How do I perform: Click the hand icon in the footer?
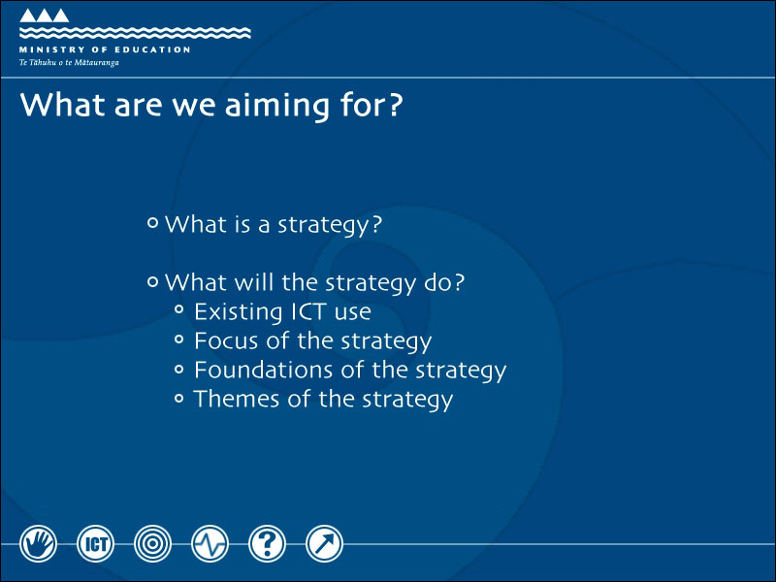pos(38,543)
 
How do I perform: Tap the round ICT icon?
pos(95,543)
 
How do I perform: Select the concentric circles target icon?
pos(152,543)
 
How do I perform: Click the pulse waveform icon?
pos(210,543)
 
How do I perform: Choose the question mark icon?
pos(268,543)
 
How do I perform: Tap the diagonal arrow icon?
pos(324,543)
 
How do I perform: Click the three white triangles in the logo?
pos(44,16)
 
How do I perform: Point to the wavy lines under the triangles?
pos(135,33)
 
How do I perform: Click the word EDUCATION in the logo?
pos(152,49)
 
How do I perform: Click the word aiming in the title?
pos(277,106)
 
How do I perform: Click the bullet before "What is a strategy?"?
pos(153,223)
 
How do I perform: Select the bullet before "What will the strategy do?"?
pos(153,282)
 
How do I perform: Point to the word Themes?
pos(237,399)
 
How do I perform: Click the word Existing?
pos(238,312)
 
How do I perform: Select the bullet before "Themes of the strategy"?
pos(179,398)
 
